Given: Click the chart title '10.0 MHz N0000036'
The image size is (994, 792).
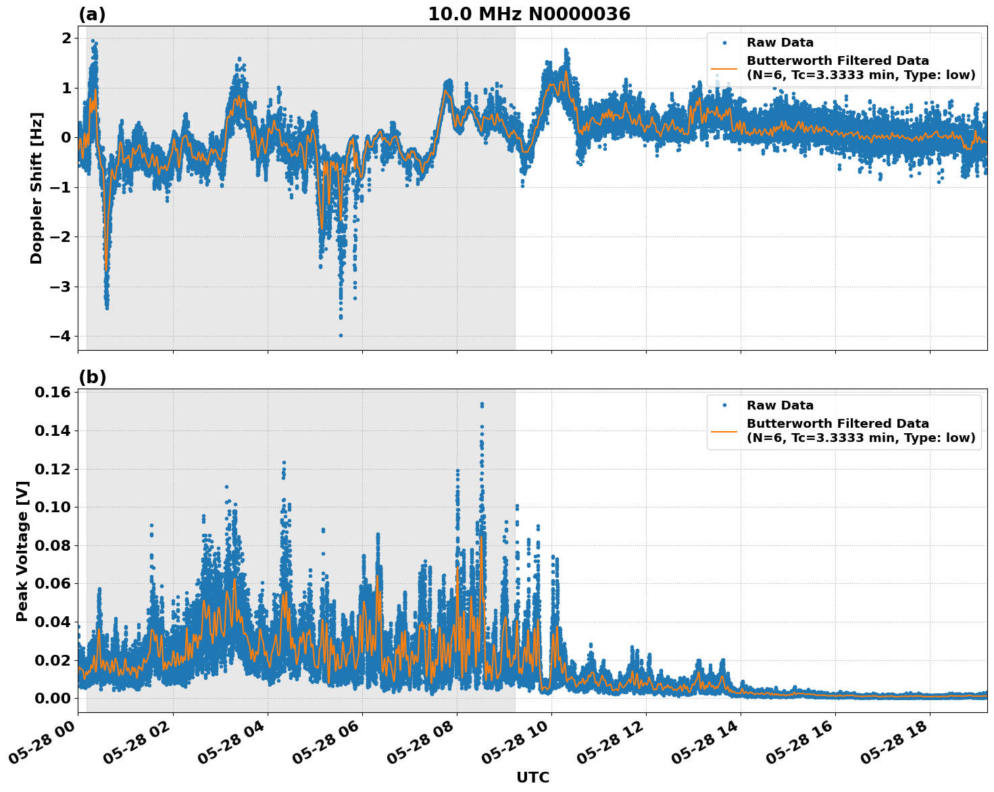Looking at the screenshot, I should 528,14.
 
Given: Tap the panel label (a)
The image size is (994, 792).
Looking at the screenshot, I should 92,14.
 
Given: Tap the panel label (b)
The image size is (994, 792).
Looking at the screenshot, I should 92,377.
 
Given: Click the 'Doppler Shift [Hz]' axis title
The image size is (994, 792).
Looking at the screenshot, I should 36,188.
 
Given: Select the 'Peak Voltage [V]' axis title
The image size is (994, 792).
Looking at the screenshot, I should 22,551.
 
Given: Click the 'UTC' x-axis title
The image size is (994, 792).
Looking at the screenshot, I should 532,777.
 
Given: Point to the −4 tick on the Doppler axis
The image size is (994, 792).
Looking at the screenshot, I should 59,336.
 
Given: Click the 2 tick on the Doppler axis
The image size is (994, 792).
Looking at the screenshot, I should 66,39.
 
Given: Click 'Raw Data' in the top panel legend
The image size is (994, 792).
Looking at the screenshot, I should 780,43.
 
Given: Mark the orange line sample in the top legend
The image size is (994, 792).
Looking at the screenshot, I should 724,68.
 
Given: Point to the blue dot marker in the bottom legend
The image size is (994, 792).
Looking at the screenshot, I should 724,405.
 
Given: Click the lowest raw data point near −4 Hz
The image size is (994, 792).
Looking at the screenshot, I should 341,335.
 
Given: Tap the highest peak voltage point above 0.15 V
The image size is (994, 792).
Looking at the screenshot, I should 482,404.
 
